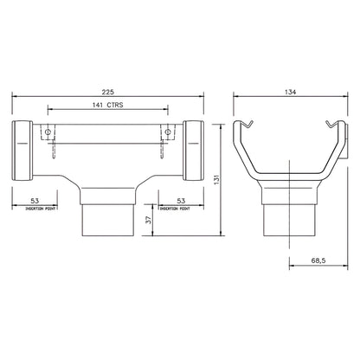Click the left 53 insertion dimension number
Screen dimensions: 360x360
click(x=35, y=201)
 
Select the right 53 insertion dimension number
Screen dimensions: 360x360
click(x=181, y=201)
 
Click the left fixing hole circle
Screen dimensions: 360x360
click(x=50, y=134)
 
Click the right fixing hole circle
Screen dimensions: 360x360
click(x=164, y=134)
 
